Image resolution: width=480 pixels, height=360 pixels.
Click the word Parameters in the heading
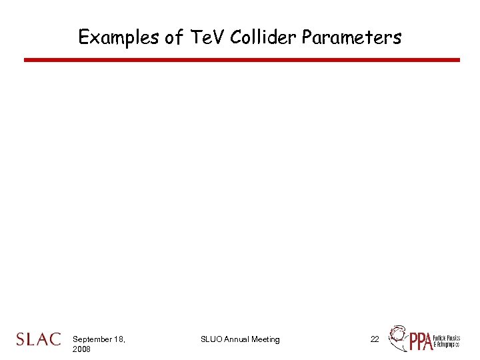click(351, 37)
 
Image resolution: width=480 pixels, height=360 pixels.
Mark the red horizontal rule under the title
click(241, 60)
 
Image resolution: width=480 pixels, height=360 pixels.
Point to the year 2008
click(81, 349)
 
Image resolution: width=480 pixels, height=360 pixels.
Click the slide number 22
click(375, 339)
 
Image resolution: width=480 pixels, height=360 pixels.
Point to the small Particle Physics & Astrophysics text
click(447, 342)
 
